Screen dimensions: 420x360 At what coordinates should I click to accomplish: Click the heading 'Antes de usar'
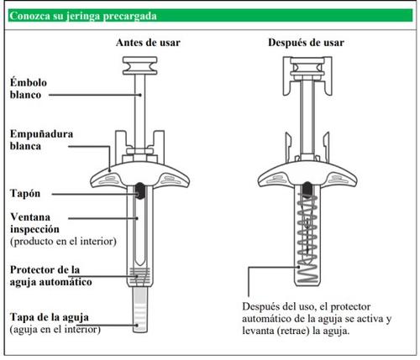(x=148, y=43)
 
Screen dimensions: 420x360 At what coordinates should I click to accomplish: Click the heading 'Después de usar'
(x=306, y=43)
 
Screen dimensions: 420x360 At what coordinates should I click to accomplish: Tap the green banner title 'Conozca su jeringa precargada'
(x=83, y=16)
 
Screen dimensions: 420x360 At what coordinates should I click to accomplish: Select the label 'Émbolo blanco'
(x=29, y=89)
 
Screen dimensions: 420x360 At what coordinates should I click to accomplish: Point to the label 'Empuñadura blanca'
(x=41, y=140)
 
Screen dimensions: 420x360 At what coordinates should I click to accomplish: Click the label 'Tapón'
(x=25, y=193)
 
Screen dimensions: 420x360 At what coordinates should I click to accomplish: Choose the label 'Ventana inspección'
(x=34, y=223)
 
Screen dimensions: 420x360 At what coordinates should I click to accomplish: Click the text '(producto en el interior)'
(x=63, y=241)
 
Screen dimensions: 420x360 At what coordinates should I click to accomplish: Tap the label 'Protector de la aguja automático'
(x=51, y=276)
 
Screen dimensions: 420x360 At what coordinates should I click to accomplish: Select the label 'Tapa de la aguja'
(x=50, y=317)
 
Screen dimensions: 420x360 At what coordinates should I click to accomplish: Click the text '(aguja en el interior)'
(x=55, y=330)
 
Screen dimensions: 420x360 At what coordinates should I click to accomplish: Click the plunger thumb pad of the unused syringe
(x=139, y=65)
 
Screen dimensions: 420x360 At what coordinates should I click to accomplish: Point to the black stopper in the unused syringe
(x=139, y=190)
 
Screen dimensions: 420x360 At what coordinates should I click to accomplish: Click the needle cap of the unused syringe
(x=139, y=310)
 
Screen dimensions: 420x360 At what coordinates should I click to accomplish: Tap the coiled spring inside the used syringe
(x=307, y=238)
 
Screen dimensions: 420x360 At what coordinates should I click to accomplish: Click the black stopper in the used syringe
(x=307, y=190)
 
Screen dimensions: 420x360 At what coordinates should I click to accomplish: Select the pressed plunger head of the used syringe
(x=307, y=68)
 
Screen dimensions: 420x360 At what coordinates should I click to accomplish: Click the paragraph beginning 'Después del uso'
(x=317, y=319)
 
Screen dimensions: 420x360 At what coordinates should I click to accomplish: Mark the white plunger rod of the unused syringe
(x=139, y=111)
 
